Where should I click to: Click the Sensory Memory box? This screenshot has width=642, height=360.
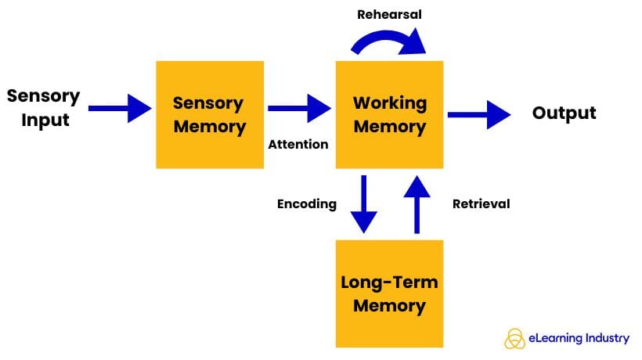coord(209,114)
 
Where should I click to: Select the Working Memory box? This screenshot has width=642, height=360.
coord(389,114)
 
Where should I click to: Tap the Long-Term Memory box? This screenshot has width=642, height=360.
coord(389,293)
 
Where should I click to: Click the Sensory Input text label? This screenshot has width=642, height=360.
coord(43,108)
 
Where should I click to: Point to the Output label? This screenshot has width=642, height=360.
coord(564,113)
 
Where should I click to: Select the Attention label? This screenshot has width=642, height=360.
coord(298,145)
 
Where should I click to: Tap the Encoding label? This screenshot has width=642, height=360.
coord(307,203)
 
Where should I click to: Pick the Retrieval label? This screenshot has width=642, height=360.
coord(481,203)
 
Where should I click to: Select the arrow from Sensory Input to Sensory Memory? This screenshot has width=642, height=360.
coord(119,107)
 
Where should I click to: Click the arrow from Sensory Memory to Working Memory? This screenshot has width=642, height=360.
coord(299,108)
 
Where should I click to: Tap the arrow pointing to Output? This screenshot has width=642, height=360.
coord(478,114)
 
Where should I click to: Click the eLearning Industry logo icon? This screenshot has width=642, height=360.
coord(514,338)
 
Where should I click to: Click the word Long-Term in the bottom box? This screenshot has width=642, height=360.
coord(389,283)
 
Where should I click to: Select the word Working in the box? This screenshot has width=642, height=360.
coord(389,103)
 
